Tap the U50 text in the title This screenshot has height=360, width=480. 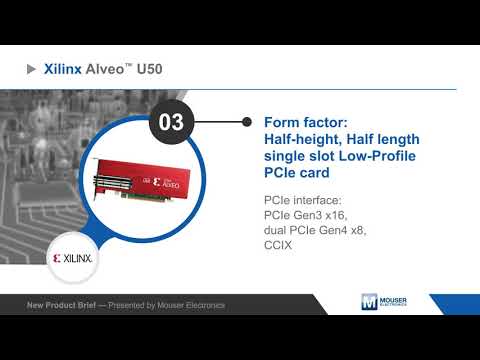point(149,70)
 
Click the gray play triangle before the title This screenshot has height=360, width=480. point(32,70)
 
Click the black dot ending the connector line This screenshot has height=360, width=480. point(245,123)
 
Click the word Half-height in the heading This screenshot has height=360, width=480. point(301,139)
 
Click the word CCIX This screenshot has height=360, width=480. point(281,245)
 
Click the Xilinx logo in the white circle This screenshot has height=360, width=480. point(72,258)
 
